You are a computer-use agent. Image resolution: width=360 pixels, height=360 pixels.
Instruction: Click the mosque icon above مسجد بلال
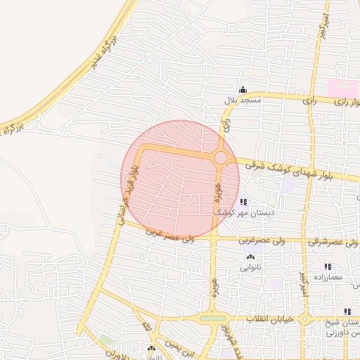(243, 89)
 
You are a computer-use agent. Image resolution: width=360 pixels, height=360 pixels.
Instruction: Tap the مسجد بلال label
(243, 101)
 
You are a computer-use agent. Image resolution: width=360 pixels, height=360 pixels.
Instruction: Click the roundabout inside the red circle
(220, 158)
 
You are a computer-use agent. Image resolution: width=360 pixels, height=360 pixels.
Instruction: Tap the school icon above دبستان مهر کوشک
(243, 202)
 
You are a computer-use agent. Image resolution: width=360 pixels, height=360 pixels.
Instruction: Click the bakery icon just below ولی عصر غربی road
(251, 258)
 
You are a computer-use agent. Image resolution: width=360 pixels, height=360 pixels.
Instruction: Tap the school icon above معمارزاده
(327, 267)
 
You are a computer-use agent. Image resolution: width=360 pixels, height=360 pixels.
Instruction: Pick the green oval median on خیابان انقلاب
(213, 319)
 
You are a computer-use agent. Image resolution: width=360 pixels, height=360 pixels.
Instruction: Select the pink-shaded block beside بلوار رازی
(345, 89)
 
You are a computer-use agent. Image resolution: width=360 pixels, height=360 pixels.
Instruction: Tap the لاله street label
(146, 328)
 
